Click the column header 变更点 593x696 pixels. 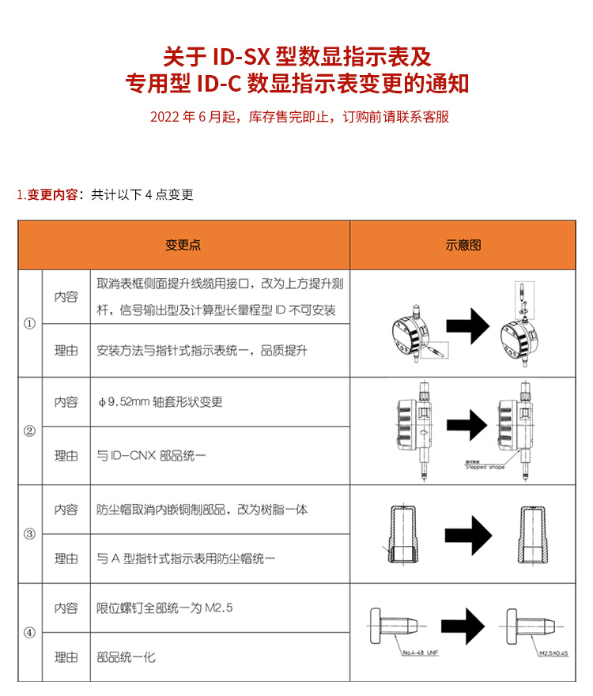click(183, 245)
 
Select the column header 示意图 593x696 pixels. click(463, 245)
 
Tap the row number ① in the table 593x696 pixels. click(30, 324)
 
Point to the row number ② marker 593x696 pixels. click(30, 431)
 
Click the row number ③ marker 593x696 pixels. click(30, 534)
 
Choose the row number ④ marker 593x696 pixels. click(30, 632)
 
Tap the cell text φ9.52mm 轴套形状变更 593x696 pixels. click(160, 402)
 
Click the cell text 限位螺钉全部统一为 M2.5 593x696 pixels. click(164, 608)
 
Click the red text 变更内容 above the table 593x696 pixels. click(52, 195)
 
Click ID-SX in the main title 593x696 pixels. click(242, 57)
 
